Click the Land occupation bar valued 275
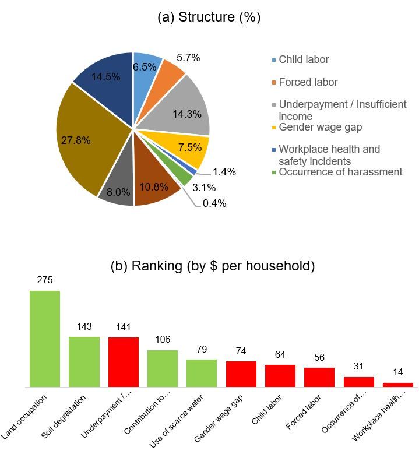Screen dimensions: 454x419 tap(45, 338)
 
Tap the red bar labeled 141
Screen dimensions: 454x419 tap(124, 362)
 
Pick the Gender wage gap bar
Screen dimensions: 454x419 tap(241, 374)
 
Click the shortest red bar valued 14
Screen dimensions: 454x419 tap(398, 385)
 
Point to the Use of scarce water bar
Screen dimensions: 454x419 tap(202, 373)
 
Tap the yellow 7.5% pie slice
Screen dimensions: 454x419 tap(189, 149)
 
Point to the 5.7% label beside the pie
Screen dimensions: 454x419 tap(188, 58)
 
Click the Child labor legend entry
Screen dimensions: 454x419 tap(303, 59)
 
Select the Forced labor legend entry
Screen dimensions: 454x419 tap(308, 82)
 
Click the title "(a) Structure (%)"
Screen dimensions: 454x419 tap(209, 17)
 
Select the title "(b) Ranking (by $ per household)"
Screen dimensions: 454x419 tap(213, 266)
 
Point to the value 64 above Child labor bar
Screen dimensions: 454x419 tap(280, 355)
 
